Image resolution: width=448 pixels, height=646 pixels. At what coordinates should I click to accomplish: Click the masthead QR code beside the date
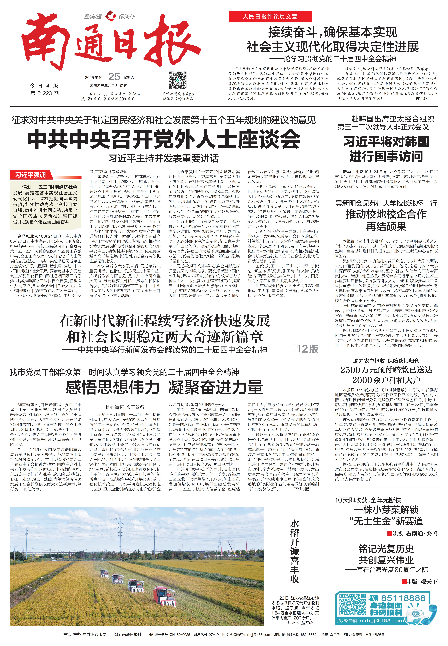tap(178, 80)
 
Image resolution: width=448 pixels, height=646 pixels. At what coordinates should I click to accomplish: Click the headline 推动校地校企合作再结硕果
tap(386, 220)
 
